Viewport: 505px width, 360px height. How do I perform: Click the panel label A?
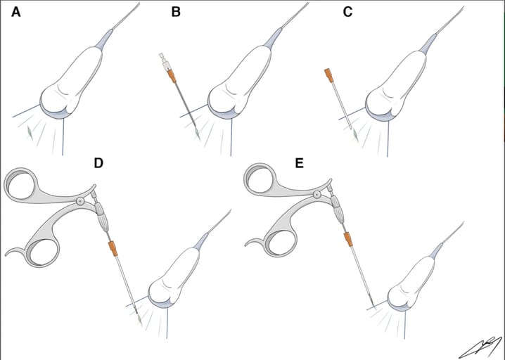coord(15,12)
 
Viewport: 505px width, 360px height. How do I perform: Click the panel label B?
coord(176,12)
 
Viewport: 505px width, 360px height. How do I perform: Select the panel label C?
coord(347,12)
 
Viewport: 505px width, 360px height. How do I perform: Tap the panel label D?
coord(98,163)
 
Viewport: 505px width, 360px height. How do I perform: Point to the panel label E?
coord(300,163)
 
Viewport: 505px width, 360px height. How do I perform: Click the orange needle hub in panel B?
coord(172,77)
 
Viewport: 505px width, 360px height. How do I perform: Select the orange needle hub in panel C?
coord(329,76)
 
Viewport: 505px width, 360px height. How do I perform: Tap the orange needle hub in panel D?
coord(113,249)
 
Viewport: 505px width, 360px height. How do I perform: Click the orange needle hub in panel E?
coord(348,239)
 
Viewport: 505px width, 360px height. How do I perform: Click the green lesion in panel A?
coord(30,132)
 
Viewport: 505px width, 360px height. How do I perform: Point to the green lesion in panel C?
coord(356,134)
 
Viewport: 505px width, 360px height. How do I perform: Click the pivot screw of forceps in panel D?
coord(80,202)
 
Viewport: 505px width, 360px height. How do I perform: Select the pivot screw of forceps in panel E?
coord(317,194)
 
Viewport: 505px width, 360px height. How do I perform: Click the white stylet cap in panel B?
coord(165,62)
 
